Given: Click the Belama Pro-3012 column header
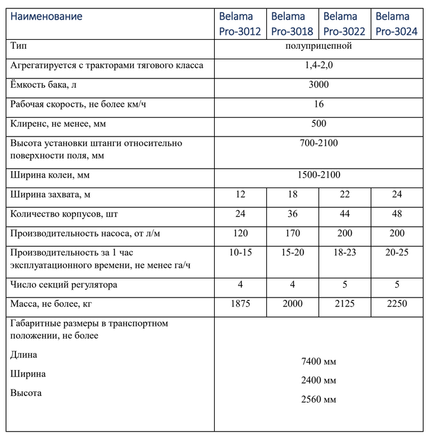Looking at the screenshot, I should click(x=240, y=24).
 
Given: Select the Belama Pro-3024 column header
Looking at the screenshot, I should click(x=396, y=24).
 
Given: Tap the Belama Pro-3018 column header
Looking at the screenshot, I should click(x=292, y=24).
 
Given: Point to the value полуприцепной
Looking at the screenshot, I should click(x=319, y=46).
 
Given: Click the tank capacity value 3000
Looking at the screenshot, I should click(x=319, y=85).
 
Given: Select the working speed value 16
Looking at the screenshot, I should click(x=319, y=104).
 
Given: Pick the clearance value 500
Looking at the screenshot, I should click(x=319, y=124).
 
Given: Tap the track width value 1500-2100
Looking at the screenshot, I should click(x=319, y=175).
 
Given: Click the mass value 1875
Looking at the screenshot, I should click(x=240, y=304).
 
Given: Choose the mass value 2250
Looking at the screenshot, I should click(x=396, y=304).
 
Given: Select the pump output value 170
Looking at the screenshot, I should click(x=293, y=233).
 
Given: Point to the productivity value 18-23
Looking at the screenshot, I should click(x=345, y=253).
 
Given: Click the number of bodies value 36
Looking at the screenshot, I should click(x=293, y=214).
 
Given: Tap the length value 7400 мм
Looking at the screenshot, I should click(x=319, y=361).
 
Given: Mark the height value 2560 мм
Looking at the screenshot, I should click(x=319, y=399).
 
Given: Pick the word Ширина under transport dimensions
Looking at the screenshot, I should click(x=28, y=374).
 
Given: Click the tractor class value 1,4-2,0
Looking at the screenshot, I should click(x=319, y=65).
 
